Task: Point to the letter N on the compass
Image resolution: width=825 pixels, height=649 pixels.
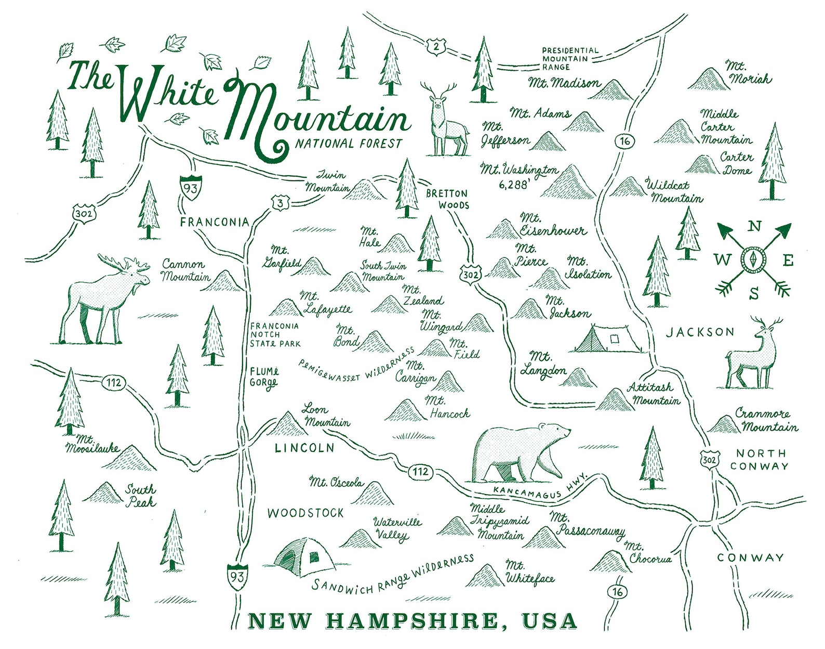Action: point(755,226)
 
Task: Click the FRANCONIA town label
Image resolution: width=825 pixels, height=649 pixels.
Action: point(215,223)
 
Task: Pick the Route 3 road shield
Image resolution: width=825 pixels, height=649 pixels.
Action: point(280,203)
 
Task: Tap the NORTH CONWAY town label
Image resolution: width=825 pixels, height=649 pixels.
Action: point(762,460)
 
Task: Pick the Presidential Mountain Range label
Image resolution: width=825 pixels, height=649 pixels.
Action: point(570,59)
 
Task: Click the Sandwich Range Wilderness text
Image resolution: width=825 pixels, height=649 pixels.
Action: point(392,573)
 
